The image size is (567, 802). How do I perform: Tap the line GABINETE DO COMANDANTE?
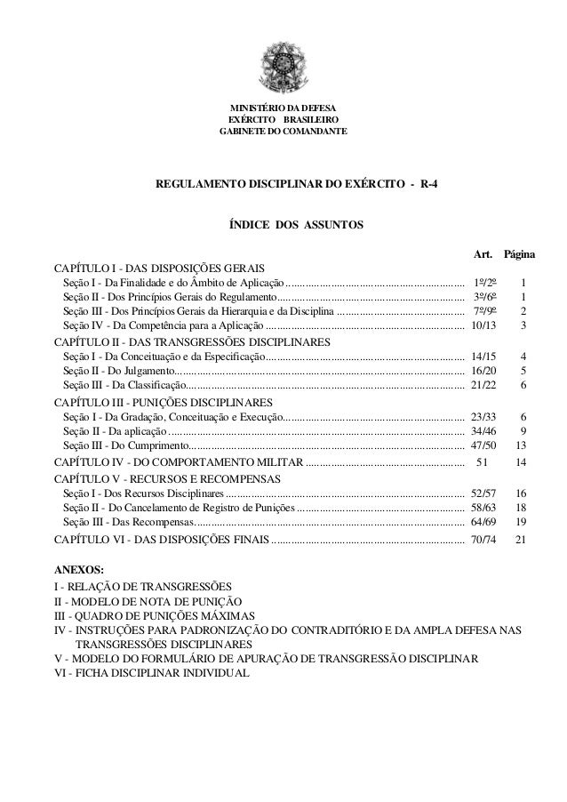coord(283,132)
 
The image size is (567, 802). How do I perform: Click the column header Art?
coord(484,255)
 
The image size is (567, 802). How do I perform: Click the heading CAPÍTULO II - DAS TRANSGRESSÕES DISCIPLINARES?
coord(192,342)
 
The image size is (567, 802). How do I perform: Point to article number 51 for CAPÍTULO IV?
coord(483,462)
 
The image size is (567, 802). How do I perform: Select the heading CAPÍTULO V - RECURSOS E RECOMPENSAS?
coord(167,478)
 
